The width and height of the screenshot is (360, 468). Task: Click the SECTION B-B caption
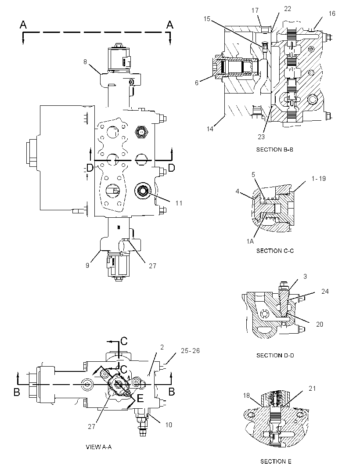point(275,150)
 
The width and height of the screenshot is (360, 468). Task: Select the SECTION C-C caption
point(275,251)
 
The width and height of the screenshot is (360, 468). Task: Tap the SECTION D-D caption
point(275,355)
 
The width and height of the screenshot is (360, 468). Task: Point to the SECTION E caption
point(276,461)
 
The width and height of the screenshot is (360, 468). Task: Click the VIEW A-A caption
point(98,447)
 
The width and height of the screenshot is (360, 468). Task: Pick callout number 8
point(85,62)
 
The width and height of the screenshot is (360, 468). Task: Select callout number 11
point(179,203)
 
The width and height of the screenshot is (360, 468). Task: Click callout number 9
point(87,265)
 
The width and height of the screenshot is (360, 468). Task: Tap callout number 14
point(210,129)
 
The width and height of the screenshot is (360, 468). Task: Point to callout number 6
point(197,83)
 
